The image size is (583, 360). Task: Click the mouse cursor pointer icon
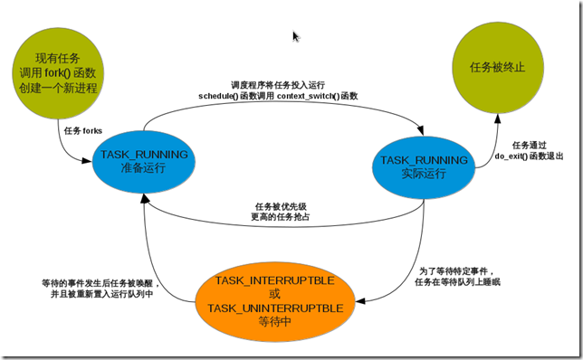tap(296, 36)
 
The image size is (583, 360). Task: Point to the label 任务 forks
tap(82, 130)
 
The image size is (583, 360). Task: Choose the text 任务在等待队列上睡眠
tap(458, 281)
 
